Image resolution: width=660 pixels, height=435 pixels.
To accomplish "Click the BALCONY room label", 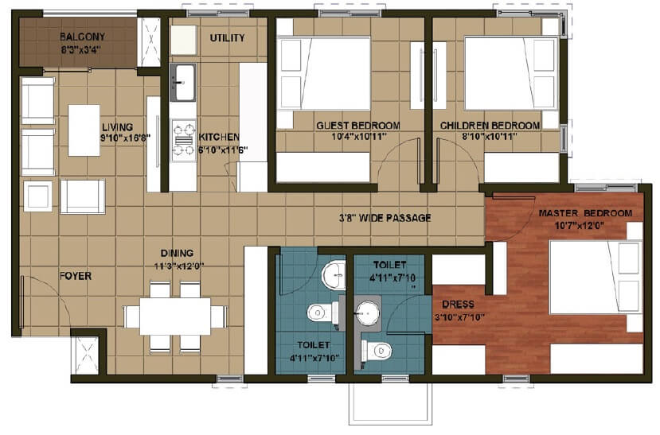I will pyautogui.click(x=76, y=37).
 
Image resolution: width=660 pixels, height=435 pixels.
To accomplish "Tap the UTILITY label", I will pyautogui.click(x=227, y=38).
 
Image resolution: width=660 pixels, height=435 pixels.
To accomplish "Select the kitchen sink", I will pyautogui.click(x=184, y=82).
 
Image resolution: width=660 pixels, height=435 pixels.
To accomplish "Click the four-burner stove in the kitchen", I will pyautogui.click(x=184, y=138).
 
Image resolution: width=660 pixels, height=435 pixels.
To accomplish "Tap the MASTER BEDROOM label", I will pyautogui.click(x=585, y=214).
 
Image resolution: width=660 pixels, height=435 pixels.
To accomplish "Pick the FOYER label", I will pyautogui.click(x=75, y=277).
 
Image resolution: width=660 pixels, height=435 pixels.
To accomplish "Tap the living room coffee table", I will pyautogui.click(x=84, y=130).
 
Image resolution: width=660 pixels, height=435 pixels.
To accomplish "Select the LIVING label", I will pyautogui.click(x=116, y=126).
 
